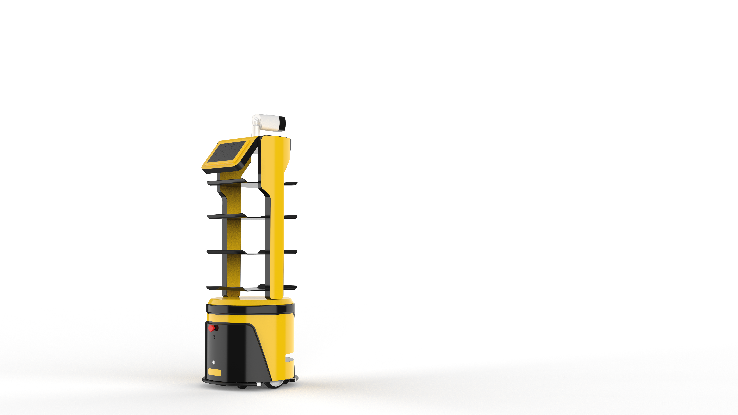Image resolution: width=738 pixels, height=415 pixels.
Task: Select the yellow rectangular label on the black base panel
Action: point(215,372)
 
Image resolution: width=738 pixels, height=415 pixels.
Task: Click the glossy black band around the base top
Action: point(249,309)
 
